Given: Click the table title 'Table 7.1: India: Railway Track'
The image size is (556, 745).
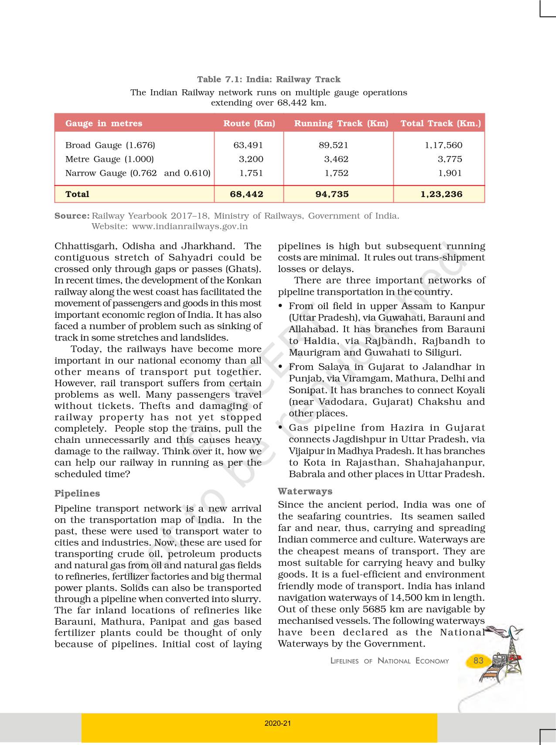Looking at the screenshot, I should coord(269,79).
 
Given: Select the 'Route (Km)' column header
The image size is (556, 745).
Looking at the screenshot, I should coord(249,123).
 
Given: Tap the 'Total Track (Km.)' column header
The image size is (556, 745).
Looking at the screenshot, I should coord(440,123).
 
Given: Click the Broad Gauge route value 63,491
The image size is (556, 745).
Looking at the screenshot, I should coord(248,145).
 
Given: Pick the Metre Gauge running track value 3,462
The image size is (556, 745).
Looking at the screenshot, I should coord(336,159).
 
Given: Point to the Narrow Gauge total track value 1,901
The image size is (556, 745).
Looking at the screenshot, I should coord(450,173).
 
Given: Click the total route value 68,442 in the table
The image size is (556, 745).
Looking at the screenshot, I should coord(246,194).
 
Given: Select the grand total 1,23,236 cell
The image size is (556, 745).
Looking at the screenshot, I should coord(441,194).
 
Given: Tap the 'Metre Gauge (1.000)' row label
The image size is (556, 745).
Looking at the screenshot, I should coord(109,159).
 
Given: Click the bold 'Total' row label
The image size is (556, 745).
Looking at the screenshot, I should coord(77,194).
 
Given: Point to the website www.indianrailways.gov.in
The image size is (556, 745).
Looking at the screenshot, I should coord(190,226).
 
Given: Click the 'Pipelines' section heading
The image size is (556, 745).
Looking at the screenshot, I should coord(77,493).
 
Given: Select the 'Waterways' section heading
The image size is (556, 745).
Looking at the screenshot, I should coord(305,491).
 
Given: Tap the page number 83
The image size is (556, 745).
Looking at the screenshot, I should coord(478,660).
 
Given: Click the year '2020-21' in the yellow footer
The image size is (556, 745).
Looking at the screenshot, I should coord(278,723).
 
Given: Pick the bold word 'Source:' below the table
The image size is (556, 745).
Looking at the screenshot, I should coord(72,216).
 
